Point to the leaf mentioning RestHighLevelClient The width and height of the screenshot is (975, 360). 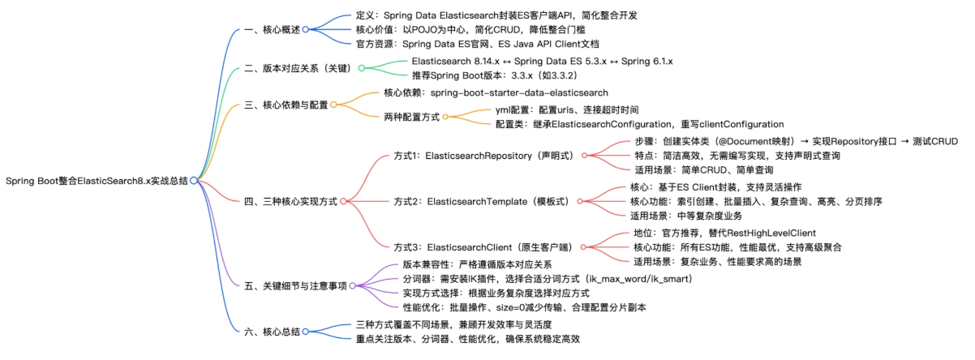724,233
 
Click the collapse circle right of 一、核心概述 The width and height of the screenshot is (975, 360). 306,29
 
